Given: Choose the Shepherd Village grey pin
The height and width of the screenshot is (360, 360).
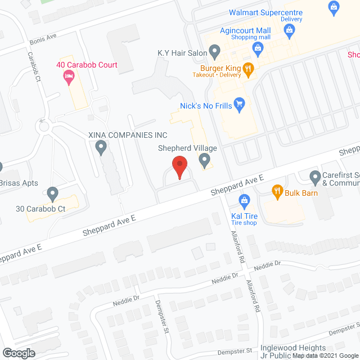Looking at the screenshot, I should [205, 161].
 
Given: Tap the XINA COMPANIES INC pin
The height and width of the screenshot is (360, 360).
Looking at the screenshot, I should [101, 148].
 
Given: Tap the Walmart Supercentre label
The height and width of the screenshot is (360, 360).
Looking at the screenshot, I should [265, 13].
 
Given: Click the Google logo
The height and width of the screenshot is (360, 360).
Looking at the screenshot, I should [19, 353].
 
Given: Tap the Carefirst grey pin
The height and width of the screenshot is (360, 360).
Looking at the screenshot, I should [315, 177].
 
